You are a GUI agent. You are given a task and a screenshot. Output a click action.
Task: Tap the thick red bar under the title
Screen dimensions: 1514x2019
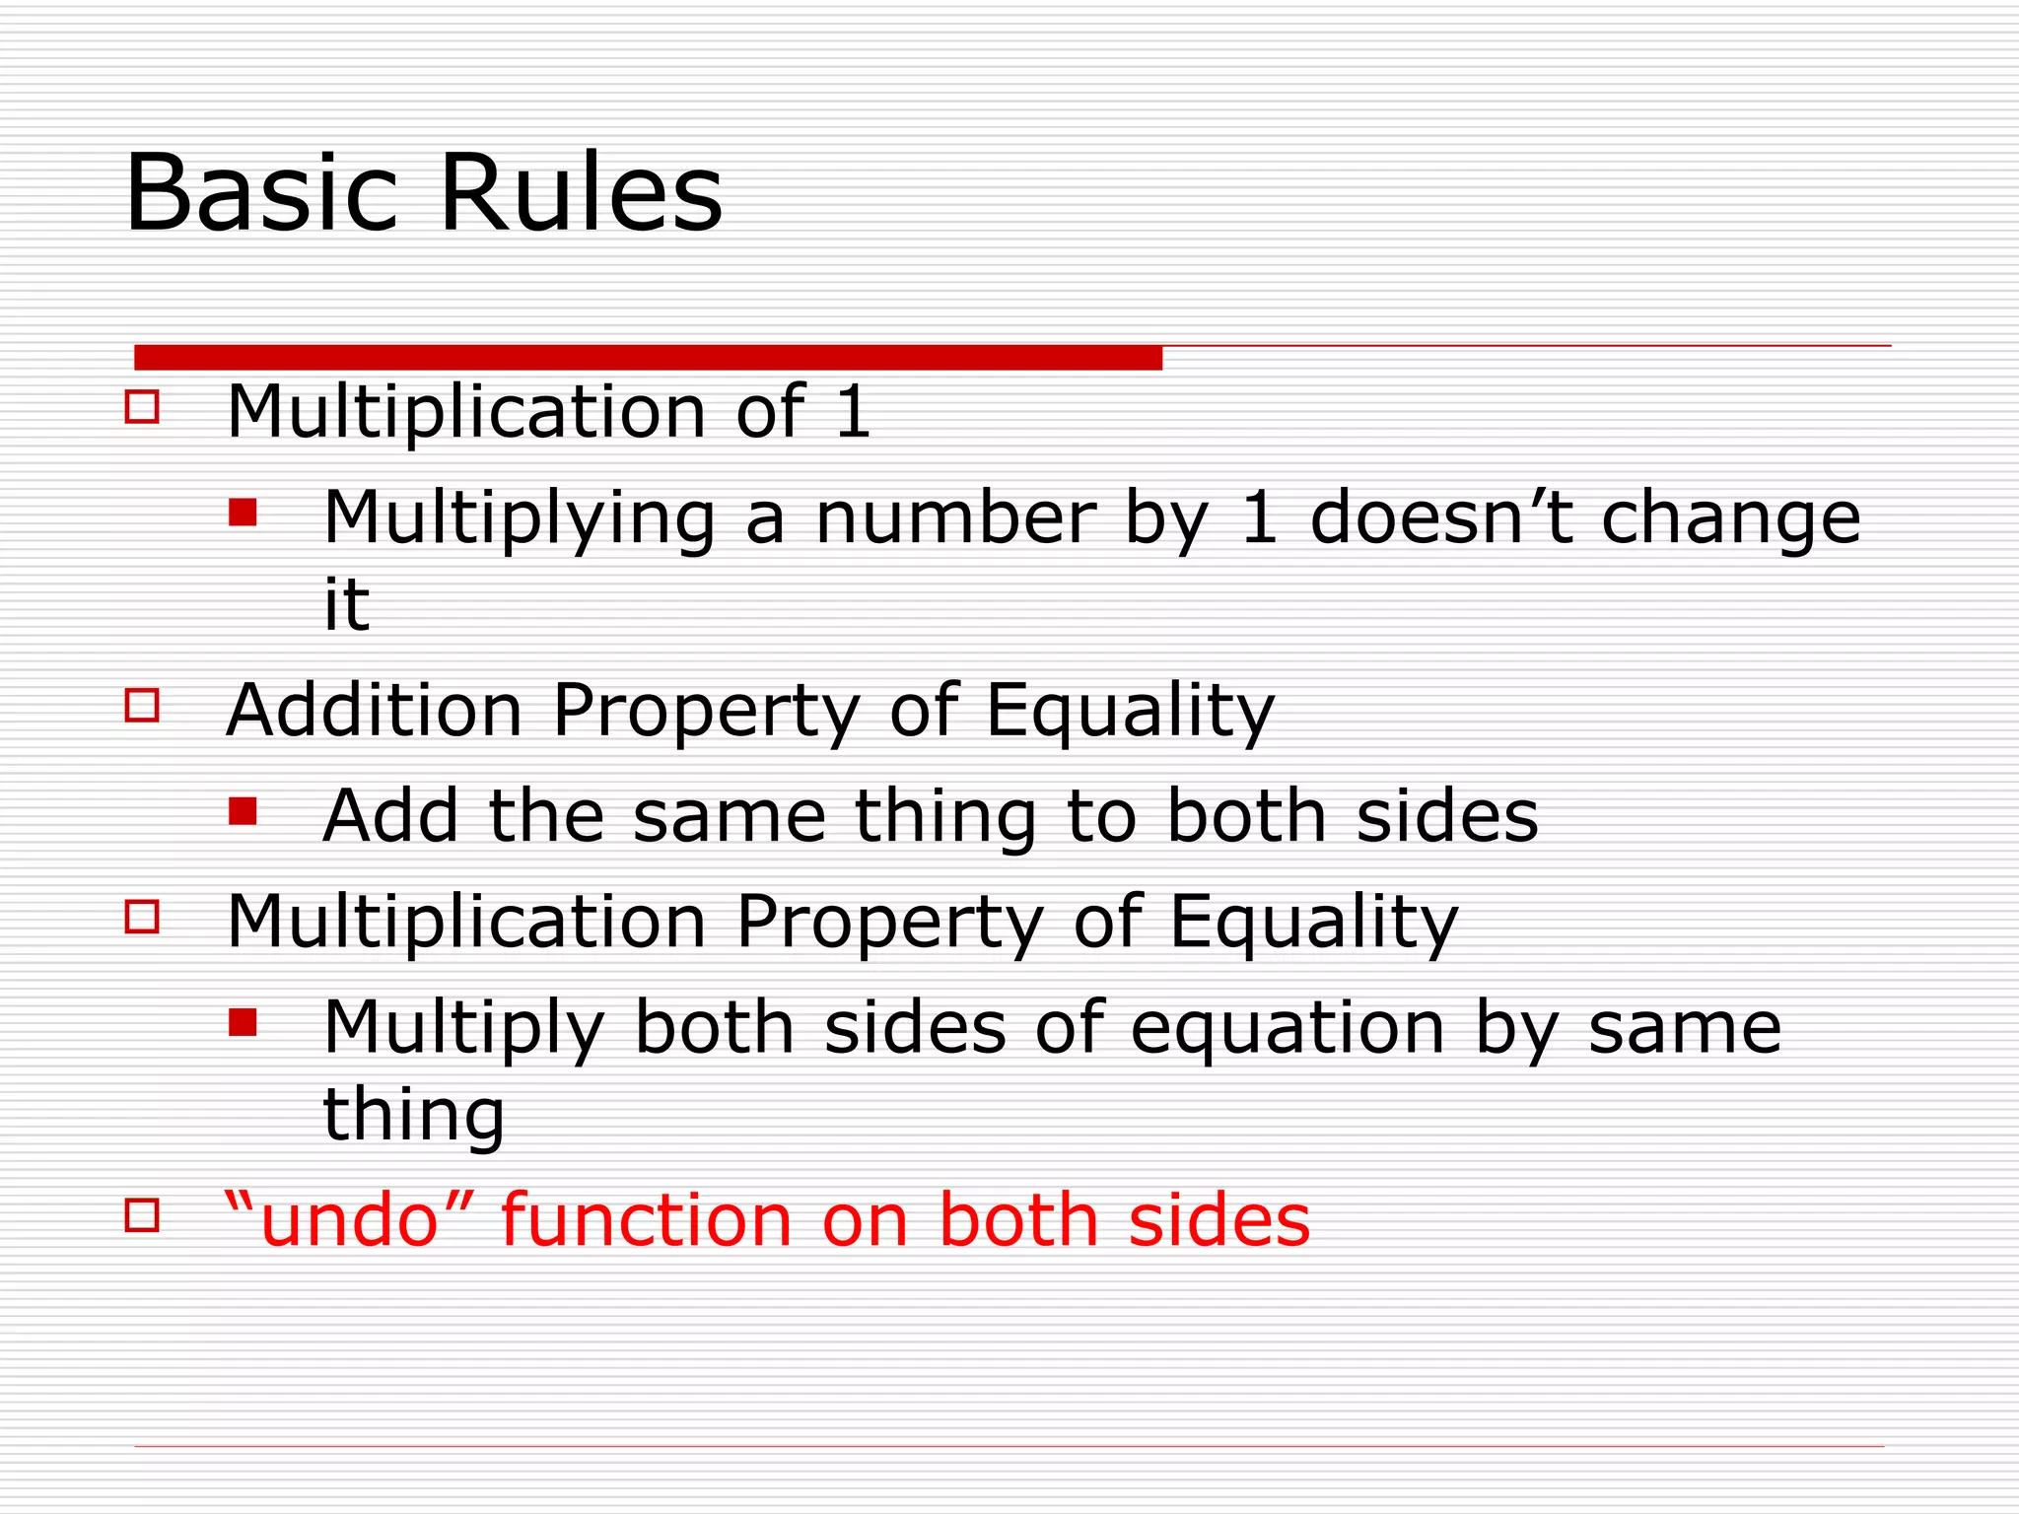click(x=648, y=358)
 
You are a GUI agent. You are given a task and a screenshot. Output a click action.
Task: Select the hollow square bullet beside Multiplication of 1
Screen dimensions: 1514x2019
click(x=143, y=407)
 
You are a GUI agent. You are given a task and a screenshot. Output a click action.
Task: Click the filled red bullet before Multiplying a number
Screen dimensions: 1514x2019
click(x=243, y=512)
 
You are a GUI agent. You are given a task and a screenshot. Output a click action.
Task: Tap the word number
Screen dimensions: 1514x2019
click(x=955, y=517)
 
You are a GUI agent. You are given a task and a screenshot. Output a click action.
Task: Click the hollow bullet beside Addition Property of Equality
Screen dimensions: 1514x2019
click(x=143, y=706)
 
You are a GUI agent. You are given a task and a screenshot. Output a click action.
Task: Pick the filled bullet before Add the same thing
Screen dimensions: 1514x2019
click(x=243, y=811)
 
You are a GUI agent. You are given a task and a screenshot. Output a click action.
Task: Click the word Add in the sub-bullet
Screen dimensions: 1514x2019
click(x=391, y=816)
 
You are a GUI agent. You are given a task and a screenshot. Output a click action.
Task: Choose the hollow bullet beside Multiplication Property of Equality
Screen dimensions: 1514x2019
click(x=143, y=917)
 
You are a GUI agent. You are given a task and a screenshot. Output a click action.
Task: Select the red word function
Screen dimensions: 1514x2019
click(x=647, y=1220)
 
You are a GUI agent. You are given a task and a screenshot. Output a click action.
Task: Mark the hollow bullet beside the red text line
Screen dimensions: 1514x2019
click(x=143, y=1215)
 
